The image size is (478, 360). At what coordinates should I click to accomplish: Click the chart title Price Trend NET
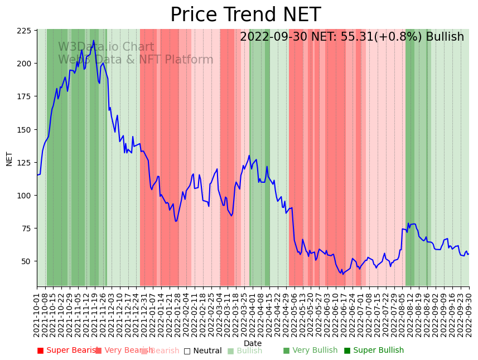(x=245, y=15)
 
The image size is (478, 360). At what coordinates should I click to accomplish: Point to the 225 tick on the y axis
(x=23, y=31)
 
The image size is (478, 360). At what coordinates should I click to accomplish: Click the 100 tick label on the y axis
(x=23, y=196)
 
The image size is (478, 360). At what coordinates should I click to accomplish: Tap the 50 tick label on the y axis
(x=26, y=261)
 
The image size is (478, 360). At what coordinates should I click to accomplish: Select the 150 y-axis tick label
(x=23, y=130)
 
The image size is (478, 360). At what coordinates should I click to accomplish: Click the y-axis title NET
(x=9, y=158)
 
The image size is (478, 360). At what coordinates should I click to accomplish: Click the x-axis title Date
(x=253, y=343)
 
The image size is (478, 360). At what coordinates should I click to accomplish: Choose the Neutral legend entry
(x=203, y=351)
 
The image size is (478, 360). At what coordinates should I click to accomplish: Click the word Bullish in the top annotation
(x=445, y=37)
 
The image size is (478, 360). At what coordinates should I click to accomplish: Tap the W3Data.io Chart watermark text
(x=106, y=47)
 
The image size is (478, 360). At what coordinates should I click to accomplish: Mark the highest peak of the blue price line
(x=93, y=41)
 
